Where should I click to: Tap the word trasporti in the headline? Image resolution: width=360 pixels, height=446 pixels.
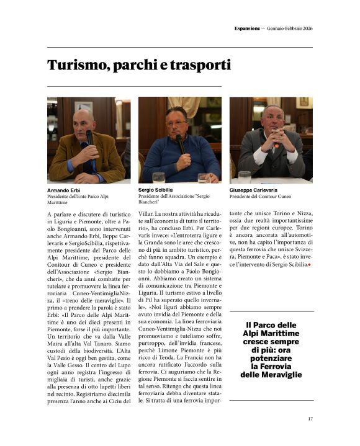click(x=199, y=65)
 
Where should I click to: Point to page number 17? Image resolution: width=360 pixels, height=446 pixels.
click(x=310, y=419)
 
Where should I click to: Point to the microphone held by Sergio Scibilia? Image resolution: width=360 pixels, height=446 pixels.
click(x=181, y=143)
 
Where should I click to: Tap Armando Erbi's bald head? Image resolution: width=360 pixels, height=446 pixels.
click(x=84, y=115)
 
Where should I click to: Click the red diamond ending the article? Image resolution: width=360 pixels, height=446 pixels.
click(x=309, y=265)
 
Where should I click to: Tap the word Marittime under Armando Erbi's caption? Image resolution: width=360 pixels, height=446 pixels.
click(x=58, y=202)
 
